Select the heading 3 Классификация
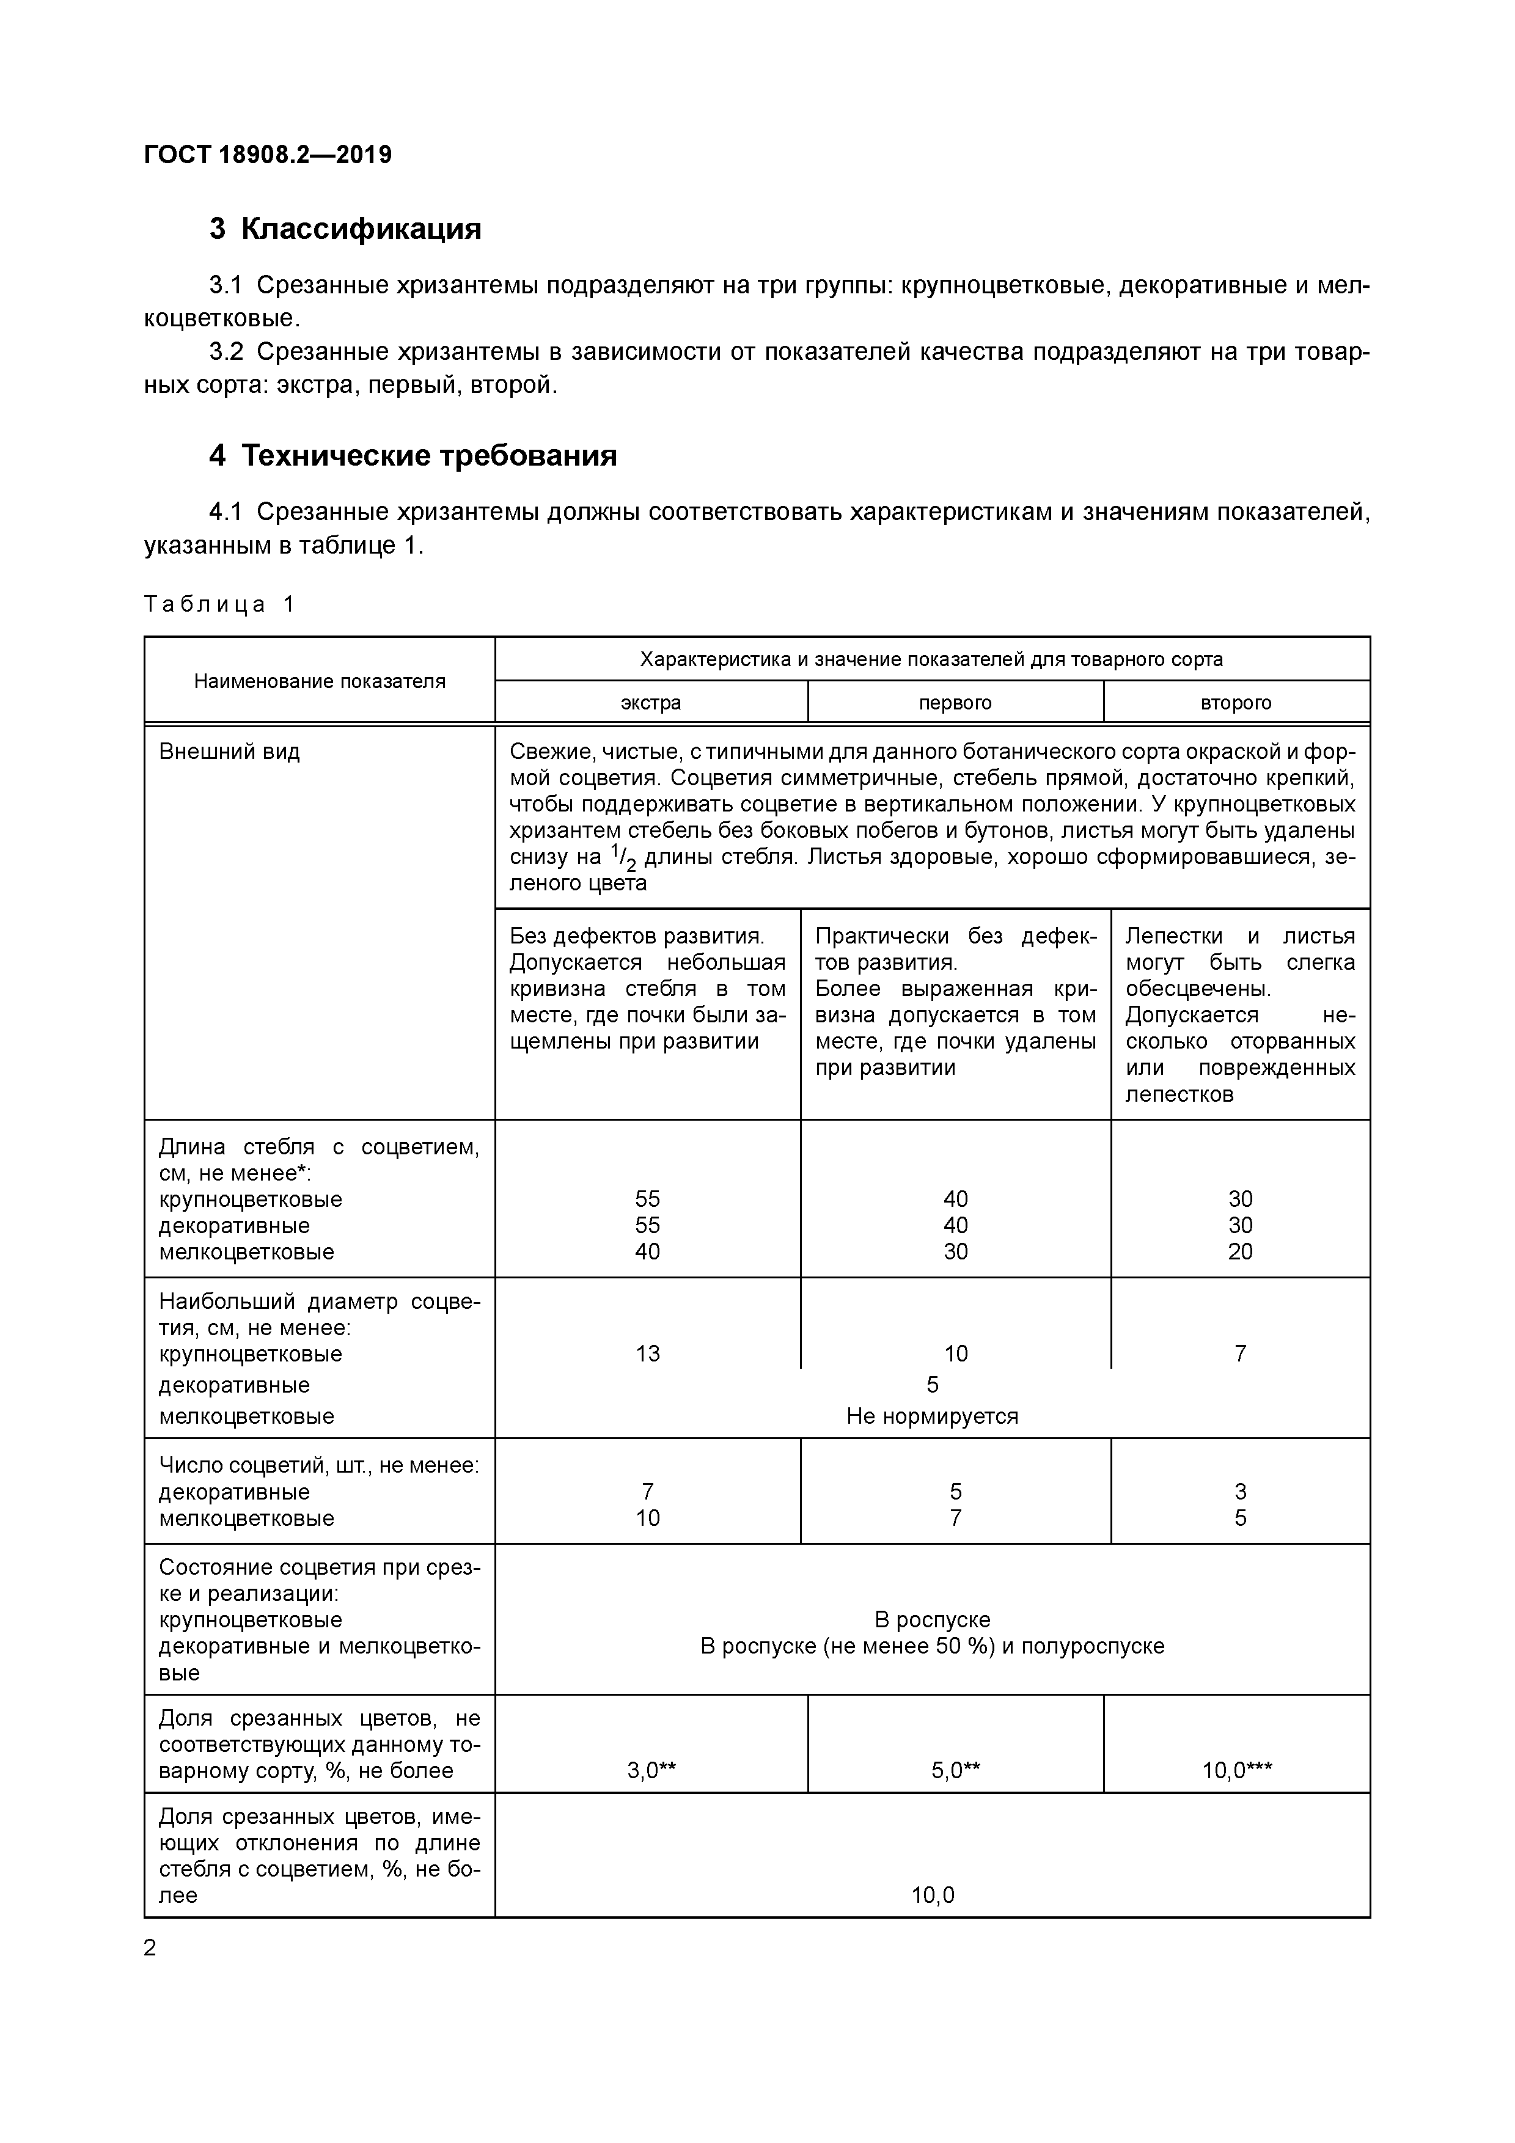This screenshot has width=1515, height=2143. (x=345, y=229)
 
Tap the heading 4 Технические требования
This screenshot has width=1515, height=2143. (x=413, y=455)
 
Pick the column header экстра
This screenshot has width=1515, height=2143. (x=651, y=703)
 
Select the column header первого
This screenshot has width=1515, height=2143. (x=955, y=703)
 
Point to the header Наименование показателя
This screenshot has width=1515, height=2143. (x=319, y=681)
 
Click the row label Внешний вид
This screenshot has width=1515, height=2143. (x=230, y=752)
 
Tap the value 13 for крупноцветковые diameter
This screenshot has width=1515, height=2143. (x=647, y=1354)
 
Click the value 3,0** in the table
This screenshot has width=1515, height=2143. (x=651, y=1771)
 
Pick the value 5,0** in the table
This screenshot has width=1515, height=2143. (x=955, y=1771)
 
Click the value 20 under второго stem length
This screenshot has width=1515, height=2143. (x=1239, y=1251)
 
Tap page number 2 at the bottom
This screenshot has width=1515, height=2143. (x=150, y=1948)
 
